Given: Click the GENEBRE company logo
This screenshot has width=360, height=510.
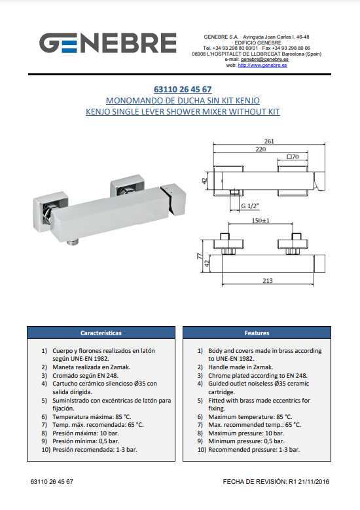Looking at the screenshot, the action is (x=107, y=43).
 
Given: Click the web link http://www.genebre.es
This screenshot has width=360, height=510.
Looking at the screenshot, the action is (x=262, y=65).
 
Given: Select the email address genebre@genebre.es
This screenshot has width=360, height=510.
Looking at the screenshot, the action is (x=264, y=60).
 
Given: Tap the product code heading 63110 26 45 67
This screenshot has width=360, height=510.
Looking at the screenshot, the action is (x=183, y=89).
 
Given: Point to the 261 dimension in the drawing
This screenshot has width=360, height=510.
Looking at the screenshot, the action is (x=269, y=141).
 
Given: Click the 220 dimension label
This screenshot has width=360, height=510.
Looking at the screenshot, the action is (x=261, y=149).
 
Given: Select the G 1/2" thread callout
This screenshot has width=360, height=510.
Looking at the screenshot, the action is (x=250, y=206).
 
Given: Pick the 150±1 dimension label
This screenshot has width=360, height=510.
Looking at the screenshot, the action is (x=261, y=221).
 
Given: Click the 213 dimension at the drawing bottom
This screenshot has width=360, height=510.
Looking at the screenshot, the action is (x=268, y=280).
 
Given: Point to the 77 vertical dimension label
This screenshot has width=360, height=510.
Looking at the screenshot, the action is (x=200, y=256).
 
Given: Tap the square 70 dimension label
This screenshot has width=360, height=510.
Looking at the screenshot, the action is (x=293, y=156).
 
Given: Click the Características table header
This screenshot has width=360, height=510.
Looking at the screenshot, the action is (x=101, y=333).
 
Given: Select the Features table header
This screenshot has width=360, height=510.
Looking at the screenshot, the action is (x=257, y=333).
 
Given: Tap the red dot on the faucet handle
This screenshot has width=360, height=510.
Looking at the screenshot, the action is (x=166, y=189).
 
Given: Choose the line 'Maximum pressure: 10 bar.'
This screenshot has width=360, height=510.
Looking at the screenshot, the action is (x=246, y=433).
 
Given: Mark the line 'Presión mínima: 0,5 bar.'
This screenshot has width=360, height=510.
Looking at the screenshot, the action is (x=86, y=441).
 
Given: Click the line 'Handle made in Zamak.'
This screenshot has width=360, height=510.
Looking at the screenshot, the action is (x=241, y=367).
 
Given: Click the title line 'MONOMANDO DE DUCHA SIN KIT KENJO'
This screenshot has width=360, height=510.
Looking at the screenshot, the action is (x=183, y=101).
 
